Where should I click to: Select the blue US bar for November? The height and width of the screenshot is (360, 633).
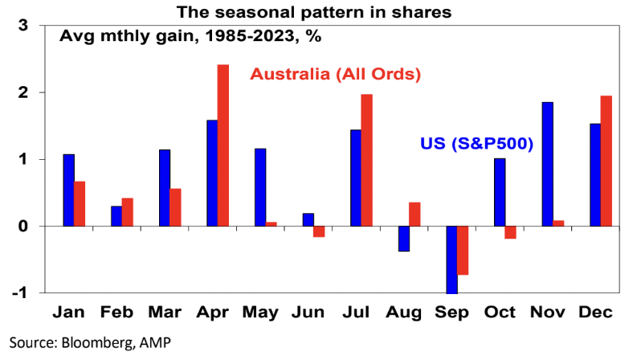point(547,164)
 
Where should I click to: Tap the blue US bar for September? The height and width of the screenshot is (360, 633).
point(451,260)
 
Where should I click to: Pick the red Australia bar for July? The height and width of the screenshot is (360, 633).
point(366,160)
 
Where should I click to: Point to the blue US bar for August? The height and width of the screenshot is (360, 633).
point(403,239)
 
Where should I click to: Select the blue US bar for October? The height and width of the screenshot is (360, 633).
point(499,192)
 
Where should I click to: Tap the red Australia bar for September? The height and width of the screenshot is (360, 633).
point(463,251)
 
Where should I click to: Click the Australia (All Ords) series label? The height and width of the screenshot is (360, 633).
point(337,74)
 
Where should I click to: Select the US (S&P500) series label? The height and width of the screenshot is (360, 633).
point(477,145)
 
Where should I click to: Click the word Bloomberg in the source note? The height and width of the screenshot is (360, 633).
point(88,342)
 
